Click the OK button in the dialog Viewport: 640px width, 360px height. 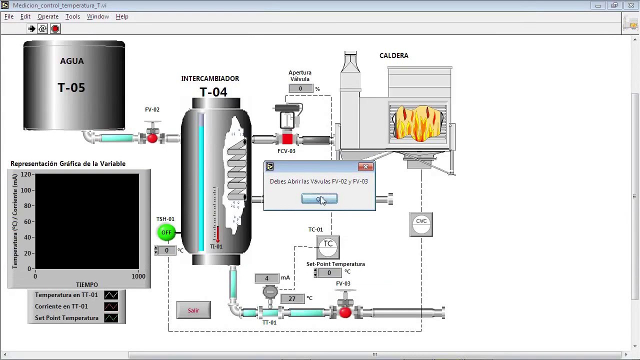pyautogui.click(x=319, y=199)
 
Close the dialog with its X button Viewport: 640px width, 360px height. pyautogui.click(x=365, y=166)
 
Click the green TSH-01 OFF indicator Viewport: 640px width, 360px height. pyautogui.click(x=166, y=232)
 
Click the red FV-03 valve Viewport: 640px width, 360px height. pyautogui.click(x=345, y=312)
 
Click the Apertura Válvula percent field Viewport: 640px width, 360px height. pyautogui.click(x=300, y=88)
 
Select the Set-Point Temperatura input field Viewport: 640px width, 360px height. pyautogui.click(x=329, y=273)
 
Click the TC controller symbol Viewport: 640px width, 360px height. pyautogui.click(x=328, y=246)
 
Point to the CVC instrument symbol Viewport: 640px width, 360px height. pyautogui.click(x=421, y=224)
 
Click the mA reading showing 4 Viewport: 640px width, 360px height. pyautogui.click(x=267, y=278)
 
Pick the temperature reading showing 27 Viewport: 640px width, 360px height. pyautogui.click(x=292, y=298)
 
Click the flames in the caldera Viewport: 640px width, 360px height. pyautogui.click(x=418, y=122)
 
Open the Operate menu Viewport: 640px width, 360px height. pyautogui.click(x=48, y=16)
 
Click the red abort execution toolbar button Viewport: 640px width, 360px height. pyautogui.click(x=55, y=29)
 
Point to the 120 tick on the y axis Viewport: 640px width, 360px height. pyautogui.click(x=26, y=174)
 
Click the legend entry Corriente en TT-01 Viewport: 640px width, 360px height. pyautogui.click(x=61, y=306)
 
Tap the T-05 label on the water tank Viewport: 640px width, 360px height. pyautogui.click(x=71, y=88)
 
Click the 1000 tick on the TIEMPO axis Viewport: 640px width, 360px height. pyautogui.click(x=138, y=276)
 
